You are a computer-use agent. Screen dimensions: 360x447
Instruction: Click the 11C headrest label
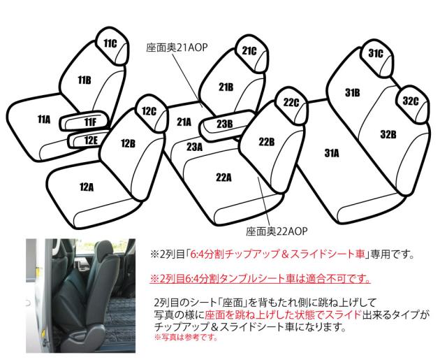click(x=110, y=44)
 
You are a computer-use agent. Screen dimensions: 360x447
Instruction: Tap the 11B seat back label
click(x=85, y=80)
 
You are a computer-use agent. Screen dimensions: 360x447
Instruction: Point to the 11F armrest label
click(x=89, y=123)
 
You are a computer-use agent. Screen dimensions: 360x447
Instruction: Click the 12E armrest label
click(x=91, y=141)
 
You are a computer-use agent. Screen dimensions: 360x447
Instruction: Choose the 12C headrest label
click(x=149, y=110)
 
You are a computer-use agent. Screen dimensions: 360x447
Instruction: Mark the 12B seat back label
click(x=127, y=144)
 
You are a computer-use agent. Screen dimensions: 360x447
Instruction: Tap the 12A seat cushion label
click(x=87, y=187)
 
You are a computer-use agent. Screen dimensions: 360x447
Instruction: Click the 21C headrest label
click(x=249, y=51)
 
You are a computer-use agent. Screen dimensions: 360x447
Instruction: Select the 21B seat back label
click(x=226, y=88)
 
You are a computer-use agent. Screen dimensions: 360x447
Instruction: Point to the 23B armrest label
click(x=224, y=124)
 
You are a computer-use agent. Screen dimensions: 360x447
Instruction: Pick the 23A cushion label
click(x=194, y=147)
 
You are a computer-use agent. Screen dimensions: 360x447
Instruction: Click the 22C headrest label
click(x=291, y=102)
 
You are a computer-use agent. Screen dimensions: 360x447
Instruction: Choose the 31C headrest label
click(x=376, y=53)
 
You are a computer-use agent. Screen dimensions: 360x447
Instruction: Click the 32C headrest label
click(x=410, y=101)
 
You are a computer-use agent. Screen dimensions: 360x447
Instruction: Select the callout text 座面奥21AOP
click(x=177, y=49)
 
